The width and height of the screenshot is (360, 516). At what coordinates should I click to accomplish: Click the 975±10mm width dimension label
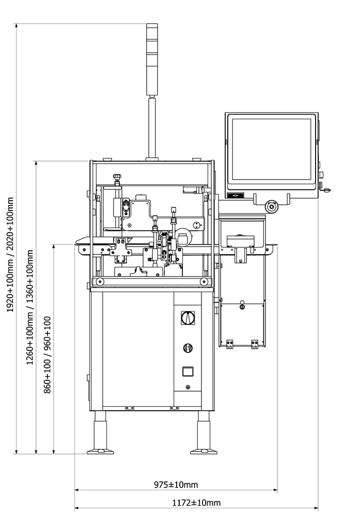176,485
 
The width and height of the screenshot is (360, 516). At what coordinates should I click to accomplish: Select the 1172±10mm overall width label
196,503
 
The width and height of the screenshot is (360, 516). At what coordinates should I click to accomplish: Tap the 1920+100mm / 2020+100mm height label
10,254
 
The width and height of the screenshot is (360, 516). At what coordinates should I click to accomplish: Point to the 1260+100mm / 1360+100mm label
30,307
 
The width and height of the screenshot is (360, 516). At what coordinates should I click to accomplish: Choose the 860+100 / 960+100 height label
48,355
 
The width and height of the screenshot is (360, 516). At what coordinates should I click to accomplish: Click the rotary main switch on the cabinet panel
187,318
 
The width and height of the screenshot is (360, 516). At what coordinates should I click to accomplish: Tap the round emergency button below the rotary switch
187,348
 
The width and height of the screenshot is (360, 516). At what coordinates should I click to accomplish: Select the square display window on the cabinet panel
187,372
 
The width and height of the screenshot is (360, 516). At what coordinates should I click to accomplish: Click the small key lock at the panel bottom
187,387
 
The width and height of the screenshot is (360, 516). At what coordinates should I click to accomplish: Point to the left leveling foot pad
100,451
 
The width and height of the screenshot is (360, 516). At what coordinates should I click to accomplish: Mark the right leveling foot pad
204,451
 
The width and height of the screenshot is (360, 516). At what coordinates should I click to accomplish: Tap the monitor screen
271,150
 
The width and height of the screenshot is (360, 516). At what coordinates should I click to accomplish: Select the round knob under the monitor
272,207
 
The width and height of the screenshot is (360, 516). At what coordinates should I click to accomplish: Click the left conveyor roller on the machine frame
99,282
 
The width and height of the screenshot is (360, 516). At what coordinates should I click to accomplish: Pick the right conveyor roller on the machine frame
204,282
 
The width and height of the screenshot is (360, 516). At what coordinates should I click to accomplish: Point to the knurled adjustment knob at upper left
117,178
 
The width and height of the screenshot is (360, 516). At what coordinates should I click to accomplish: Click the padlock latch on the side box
242,305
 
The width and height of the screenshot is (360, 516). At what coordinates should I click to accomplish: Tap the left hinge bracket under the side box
229,344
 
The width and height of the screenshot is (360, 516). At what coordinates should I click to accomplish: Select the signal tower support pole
152,127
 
